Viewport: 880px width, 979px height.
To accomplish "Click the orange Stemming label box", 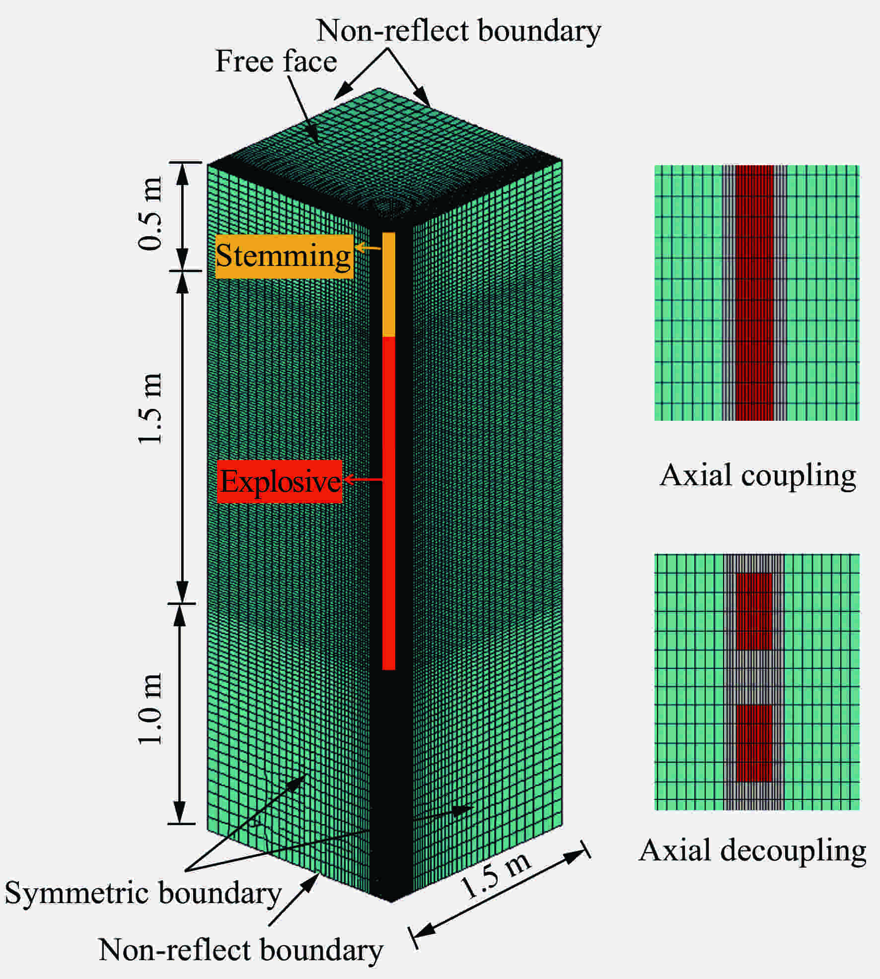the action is point(284,257).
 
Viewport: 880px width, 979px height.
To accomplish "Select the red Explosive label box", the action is point(280,481).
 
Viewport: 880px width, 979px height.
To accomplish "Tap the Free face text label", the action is point(276,62).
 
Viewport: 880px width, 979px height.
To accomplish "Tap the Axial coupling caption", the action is point(758,475).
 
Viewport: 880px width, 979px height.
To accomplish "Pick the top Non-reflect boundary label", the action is point(459,31).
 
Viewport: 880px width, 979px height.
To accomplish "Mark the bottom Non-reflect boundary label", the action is point(241,950).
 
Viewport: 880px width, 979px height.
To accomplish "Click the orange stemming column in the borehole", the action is point(389,284).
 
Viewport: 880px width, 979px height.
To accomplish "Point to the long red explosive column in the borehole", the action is point(389,503).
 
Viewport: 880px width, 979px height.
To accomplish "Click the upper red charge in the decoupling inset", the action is point(754,611).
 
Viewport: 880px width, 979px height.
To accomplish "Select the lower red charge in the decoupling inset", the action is point(754,743).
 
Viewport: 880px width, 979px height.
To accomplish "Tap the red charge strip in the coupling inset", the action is point(754,293).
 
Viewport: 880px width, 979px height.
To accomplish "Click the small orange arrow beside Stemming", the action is point(368,247).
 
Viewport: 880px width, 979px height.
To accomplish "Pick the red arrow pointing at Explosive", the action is point(363,479).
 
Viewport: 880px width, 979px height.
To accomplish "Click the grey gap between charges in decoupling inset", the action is point(754,677).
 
